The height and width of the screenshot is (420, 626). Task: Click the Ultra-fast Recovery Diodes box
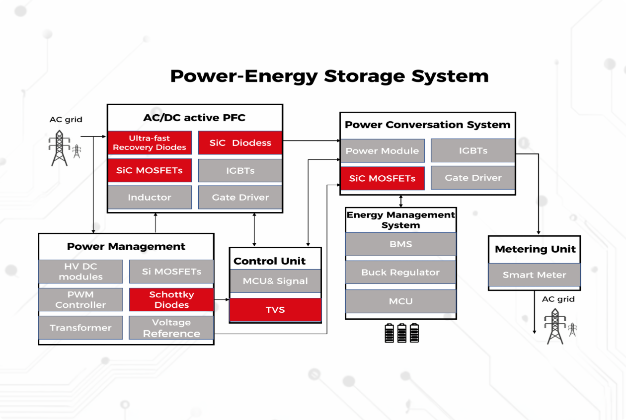coord(150,143)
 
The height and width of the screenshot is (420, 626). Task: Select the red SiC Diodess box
coord(240,143)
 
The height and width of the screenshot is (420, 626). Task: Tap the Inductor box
coord(150,197)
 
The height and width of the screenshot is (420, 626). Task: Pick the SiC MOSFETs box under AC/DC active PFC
coord(150,170)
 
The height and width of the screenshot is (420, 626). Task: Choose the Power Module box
coord(382,151)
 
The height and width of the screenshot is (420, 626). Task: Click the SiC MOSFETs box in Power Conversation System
coord(382,178)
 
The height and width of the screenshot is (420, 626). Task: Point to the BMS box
coord(400,244)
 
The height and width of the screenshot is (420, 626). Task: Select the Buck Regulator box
coord(400,273)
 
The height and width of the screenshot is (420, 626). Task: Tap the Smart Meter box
coord(534,275)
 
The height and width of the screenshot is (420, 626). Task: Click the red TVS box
coord(275,310)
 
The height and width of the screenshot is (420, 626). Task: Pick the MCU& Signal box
coord(275,281)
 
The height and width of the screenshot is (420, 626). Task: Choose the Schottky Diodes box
coord(171,300)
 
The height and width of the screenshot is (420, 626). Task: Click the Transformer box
coord(80,328)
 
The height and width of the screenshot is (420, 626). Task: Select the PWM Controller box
coord(80,300)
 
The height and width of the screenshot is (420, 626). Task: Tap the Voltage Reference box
coord(171,328)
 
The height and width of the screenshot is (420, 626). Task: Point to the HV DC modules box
coord(80,272)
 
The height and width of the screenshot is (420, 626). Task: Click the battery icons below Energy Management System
coord(401,333)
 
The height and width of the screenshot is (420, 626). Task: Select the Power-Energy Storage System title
coord(329,76)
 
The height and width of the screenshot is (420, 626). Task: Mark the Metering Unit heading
coord(535,249)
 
